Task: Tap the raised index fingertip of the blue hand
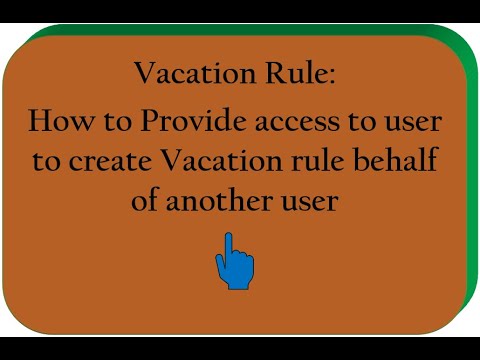(x=229, y=238)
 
